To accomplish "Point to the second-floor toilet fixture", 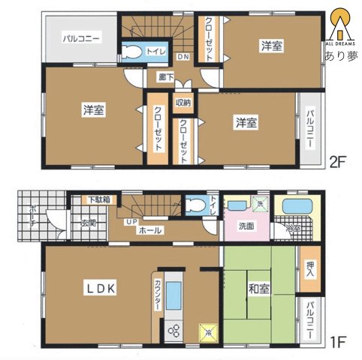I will tap(133, 52).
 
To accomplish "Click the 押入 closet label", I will tap(310, 270).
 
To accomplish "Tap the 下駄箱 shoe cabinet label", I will tap(97, 199).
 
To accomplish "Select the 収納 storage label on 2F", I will tap(183, 103).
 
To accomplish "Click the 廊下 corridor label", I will tap(165, 76).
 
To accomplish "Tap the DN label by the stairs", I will tap(183, 57).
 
